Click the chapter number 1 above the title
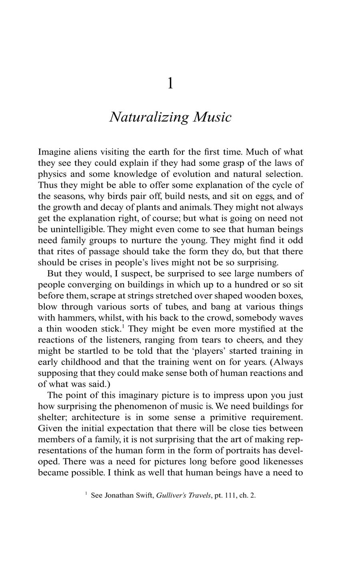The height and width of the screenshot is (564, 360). click(x=171, y=83)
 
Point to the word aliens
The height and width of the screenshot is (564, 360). click(x=89, y=152)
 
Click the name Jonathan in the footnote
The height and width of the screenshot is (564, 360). click(x=128, y=495)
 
